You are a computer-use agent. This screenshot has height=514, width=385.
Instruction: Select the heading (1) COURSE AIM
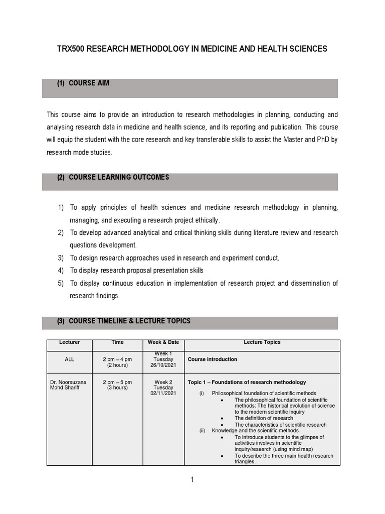(83, 83)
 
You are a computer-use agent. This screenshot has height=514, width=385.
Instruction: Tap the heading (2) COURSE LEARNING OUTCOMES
(113, 177)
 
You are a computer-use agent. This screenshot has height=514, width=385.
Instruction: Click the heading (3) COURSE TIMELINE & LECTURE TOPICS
(124, 321)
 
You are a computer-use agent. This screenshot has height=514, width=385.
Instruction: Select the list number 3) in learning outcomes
(61, 258)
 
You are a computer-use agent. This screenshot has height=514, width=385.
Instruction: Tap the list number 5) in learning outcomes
(61, 284)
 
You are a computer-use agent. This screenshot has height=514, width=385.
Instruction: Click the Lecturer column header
(69, 342)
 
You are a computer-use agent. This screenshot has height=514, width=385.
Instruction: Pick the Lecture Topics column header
(262, 342)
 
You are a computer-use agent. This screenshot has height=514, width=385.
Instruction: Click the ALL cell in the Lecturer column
(69, 359)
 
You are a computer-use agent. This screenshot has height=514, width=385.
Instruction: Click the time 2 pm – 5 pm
(117, 382)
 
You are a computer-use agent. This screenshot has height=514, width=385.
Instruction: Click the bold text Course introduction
(212, 359)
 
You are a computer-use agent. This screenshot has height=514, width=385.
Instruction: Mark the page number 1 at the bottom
(192, 480)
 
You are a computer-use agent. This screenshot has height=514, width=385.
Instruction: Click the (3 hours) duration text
(117, 388)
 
